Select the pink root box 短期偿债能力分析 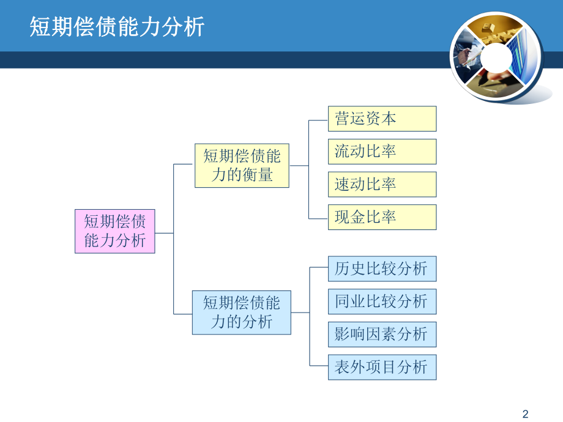(x=115, y=231)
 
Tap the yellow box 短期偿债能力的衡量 (x=242, y=166)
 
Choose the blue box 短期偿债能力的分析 (x=242, y=312)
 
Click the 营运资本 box (x=382, y=119)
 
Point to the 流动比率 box (x=382, y=152)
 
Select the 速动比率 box (x=382, y=184)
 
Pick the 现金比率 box (x=382, y=217)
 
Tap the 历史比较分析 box (x=382, y=268)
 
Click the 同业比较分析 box (x=382, y=302)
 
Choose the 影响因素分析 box (x=382, y=335)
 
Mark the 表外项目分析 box (x=382, y=367)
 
